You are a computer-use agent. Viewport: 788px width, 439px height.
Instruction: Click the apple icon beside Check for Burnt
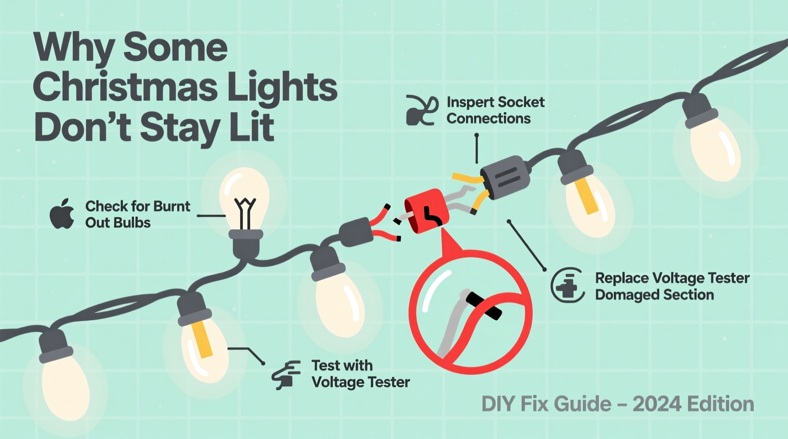(62, 214)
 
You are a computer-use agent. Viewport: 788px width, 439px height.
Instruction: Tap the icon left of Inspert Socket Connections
(421, 110)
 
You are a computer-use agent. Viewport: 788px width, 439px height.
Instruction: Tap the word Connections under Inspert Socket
(488, 118)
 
